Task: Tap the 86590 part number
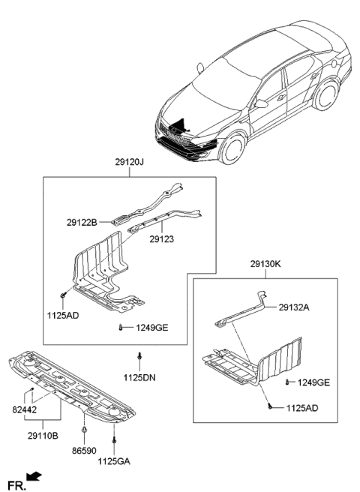coord(84,454)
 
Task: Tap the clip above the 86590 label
coord(84,431)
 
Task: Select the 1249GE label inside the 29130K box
coord(312,383)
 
